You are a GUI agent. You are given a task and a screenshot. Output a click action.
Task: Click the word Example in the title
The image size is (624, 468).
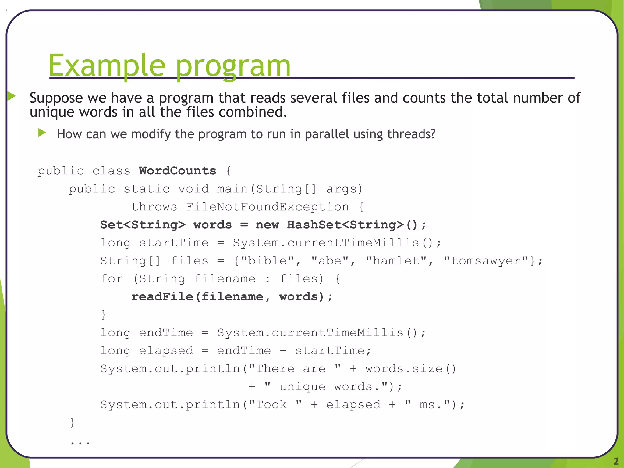(107, 66)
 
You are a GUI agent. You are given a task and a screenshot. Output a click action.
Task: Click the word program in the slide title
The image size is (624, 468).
(233, 67)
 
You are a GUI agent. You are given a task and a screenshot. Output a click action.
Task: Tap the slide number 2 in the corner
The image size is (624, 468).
(616, 461)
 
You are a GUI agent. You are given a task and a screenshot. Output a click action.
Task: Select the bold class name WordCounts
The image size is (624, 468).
(177, 171)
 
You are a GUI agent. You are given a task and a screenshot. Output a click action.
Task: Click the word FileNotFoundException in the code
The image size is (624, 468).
(267, 207)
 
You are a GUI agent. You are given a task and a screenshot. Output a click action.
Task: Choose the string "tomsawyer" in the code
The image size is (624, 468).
(486, 261)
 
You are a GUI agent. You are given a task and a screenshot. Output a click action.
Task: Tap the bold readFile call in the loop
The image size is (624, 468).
(162, 297)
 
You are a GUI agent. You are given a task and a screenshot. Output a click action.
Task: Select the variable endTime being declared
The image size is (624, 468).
(166, 333)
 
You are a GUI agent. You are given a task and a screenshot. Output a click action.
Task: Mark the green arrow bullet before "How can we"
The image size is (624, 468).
(42, 133)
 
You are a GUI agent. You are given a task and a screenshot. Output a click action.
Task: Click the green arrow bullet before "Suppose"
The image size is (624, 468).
(11, 96)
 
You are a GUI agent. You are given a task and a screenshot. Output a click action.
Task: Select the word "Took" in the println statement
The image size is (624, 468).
(271, 405)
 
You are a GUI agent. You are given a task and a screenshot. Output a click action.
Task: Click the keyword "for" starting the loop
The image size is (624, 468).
(112, 279)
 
